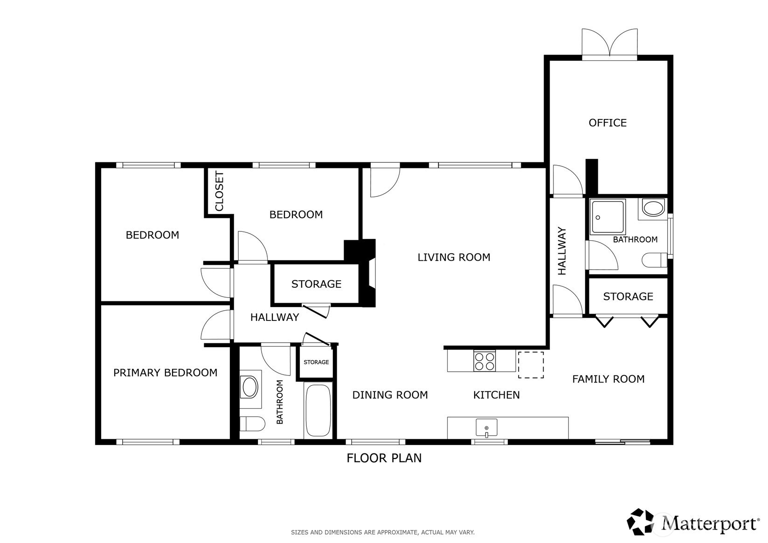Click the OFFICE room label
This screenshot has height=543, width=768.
(608, 123)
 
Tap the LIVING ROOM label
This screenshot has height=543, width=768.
(454, 257)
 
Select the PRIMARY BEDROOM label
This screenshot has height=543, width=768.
(165, 373)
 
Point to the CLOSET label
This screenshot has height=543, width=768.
(219, 191)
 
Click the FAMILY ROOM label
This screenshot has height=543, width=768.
(609, 379)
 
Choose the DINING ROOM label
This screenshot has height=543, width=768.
(390, 395)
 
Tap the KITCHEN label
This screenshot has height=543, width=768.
(497, 395)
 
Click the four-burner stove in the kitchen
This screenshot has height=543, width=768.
(484, 361)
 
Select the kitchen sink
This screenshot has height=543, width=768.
(486, 427)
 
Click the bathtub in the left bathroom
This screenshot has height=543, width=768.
(318, 410)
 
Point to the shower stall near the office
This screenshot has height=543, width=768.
(608, 217)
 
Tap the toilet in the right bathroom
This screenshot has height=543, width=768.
(654, 260)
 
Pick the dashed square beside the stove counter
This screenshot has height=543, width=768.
(531, 365)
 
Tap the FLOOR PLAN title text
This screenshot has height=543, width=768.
(384, 458)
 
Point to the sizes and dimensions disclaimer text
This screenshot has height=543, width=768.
(383, 532)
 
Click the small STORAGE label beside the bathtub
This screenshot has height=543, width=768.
(316, 362)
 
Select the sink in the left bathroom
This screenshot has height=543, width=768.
(250, 387)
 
